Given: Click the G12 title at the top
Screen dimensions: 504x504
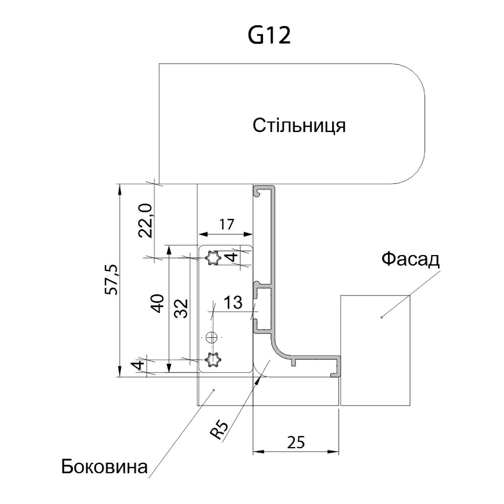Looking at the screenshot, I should pos(270,35).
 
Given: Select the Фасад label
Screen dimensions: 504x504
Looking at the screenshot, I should pos(410,260).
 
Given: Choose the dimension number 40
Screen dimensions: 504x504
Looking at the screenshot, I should pos(158,304).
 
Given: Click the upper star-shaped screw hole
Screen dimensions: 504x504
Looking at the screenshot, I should pos(214,259).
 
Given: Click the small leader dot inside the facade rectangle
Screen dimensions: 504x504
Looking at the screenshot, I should pos(382,318).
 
